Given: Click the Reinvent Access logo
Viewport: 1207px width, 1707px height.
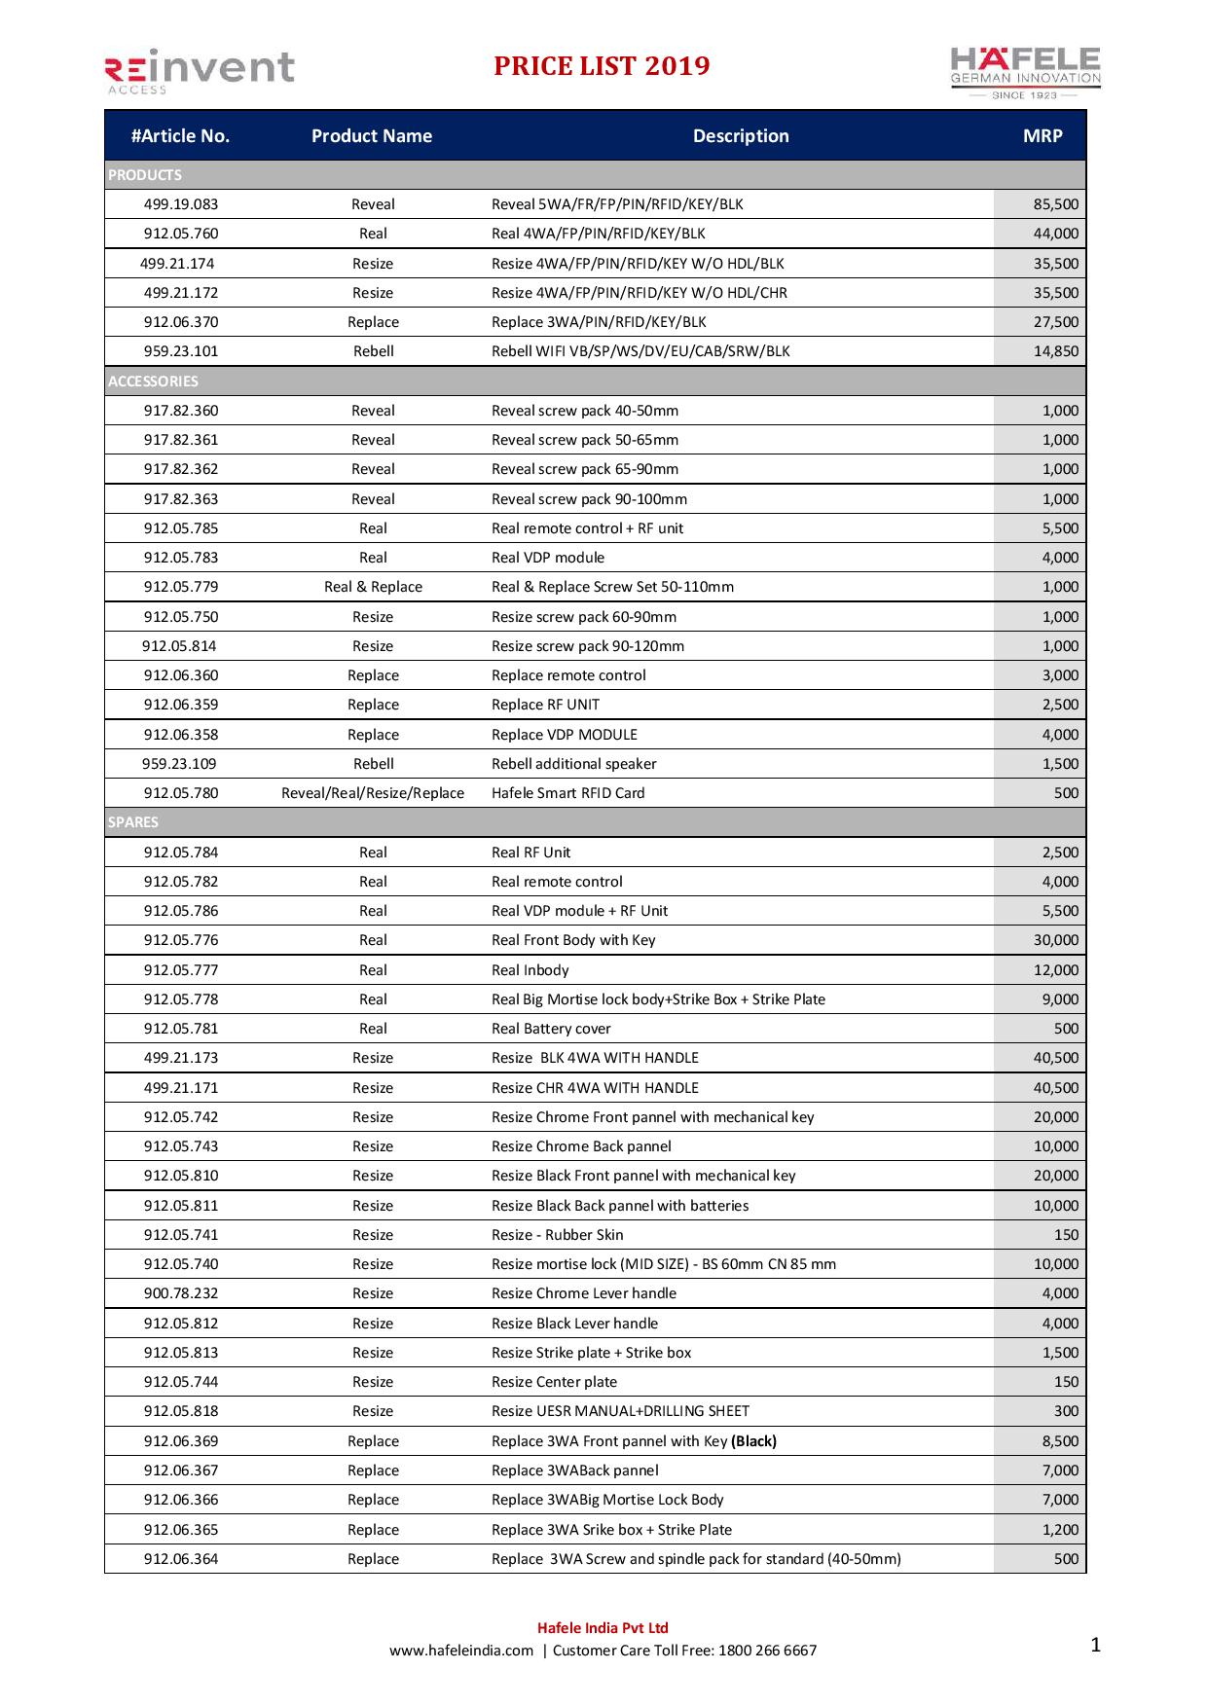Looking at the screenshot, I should [x=199, y=71].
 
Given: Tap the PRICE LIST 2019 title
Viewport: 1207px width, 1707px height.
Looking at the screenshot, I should [x=602, y=66].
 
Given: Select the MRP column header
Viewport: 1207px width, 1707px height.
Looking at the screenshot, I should [x=1042, y=136].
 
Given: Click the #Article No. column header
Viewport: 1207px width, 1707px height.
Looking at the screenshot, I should [x=180, y=136].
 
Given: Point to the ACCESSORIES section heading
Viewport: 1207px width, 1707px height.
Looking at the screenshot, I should [x=153, y=381].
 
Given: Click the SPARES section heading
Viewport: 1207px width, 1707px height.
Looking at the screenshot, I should [x=133, y=822].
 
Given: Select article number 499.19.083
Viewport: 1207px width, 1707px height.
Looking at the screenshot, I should [x=181, y=204].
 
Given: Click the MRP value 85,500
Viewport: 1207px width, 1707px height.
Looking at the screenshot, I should [x=1055, y=204].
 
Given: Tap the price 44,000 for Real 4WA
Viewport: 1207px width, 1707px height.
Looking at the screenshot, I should [x=1055, y=234].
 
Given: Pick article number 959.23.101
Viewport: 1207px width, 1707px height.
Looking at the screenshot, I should [x=181, y=351].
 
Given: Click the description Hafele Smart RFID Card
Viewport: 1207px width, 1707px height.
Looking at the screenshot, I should [x=567, y=793].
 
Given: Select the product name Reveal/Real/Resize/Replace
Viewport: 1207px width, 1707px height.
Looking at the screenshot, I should [x=373, y=793].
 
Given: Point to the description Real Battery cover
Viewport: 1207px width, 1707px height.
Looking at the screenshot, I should [x=551, y=1029].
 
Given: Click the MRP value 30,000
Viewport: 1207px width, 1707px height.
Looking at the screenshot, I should [x=1055, y=940].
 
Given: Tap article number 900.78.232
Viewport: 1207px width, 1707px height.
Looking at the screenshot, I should [x=181, y=1293].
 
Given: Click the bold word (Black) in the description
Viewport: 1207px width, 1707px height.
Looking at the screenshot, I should [x=753, y=1441].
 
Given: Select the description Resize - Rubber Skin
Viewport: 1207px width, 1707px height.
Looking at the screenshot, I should [x=557, y=1235].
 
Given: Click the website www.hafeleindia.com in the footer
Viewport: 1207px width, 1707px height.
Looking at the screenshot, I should [x=461, y=1651].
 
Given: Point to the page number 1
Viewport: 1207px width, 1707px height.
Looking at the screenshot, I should [x=1095, y=1646].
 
